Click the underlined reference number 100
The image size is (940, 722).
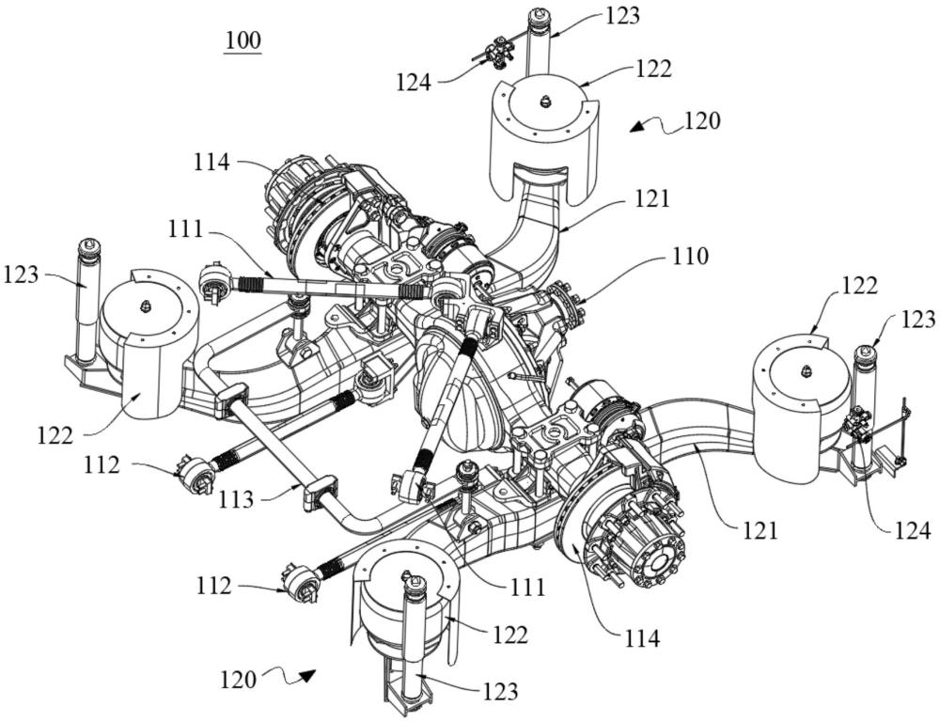pyautogui.click(x=243, y=41)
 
